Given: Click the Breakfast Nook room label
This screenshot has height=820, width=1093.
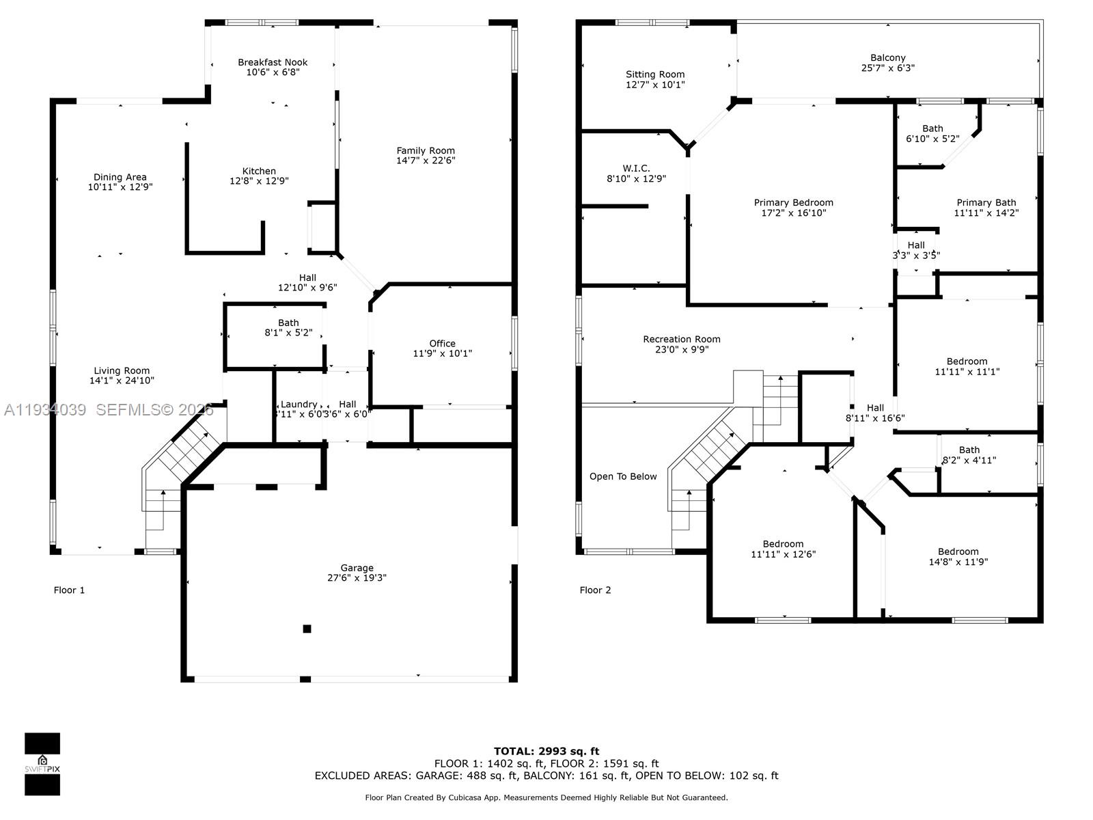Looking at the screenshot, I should [273, 62].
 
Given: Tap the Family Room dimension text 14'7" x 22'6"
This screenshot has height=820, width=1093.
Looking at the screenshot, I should [426, 161].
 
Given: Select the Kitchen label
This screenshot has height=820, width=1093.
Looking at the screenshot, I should [259, 172].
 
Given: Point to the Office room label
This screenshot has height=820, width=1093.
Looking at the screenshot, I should [442, 344].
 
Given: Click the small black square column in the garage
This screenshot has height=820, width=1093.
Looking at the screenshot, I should [307, 629].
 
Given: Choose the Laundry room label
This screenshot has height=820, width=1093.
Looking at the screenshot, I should [299, 404].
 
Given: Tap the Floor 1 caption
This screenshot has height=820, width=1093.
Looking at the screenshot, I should [69, 590].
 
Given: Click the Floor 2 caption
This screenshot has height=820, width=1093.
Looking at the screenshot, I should [595, 590].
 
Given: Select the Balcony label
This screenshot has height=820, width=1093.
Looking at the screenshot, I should [887, 58].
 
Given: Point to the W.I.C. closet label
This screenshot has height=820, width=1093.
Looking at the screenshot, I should [636, 168].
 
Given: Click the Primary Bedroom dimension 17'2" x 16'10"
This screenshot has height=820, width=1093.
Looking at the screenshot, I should [793, 213].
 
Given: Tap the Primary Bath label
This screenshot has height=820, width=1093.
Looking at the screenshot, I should [986, 202].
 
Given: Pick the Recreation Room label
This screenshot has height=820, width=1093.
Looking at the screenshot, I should [681, 339].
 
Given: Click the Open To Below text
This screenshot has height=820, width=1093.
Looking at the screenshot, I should [622, 476].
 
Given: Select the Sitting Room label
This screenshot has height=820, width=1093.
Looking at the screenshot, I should [654, 74].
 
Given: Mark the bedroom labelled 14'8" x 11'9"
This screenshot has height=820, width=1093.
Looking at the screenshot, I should [958, 557].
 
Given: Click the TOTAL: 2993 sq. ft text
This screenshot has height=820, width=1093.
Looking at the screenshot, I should [546, 751].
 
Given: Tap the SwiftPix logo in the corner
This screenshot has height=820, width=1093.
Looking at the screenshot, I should [42, 764].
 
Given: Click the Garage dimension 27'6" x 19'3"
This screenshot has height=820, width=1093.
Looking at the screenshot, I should [357, 577].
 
